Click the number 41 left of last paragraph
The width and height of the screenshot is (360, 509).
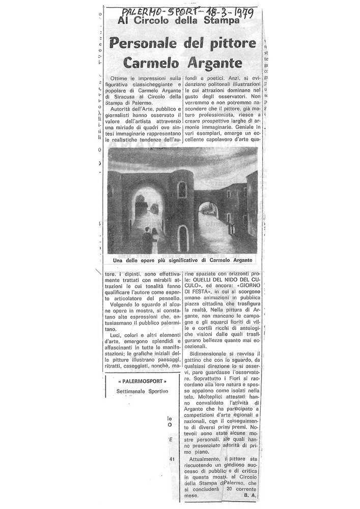(171, 459)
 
